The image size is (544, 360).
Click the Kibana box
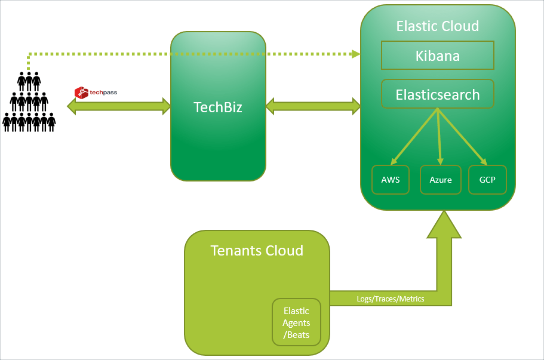coord(438,56)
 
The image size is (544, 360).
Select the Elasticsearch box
coord(438,94)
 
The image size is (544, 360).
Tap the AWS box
coord(391,180)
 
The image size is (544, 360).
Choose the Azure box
coord(441,180)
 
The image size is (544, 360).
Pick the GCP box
coord(487,180)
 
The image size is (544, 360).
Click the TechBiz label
coord(218,107)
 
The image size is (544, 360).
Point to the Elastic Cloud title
coord(438,26)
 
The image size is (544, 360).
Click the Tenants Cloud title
coord(257,250)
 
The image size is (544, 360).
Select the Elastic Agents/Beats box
coord(296,322)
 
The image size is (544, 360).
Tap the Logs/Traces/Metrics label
coord(391,299)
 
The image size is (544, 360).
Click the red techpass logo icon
coord(81,93)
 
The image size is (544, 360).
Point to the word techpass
coord(103,93)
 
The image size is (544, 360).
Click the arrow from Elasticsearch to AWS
coord(414,136)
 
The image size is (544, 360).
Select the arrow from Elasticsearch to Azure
coord(439,136)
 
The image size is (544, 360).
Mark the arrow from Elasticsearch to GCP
coord(462,136)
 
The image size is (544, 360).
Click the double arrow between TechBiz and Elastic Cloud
coord(313,106)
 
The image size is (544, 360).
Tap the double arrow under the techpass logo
coord(119,106)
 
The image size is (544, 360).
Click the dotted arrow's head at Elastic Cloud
coord(356,54)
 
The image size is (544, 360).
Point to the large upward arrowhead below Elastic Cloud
coord(444,224)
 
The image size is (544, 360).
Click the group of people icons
coord(29,102)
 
